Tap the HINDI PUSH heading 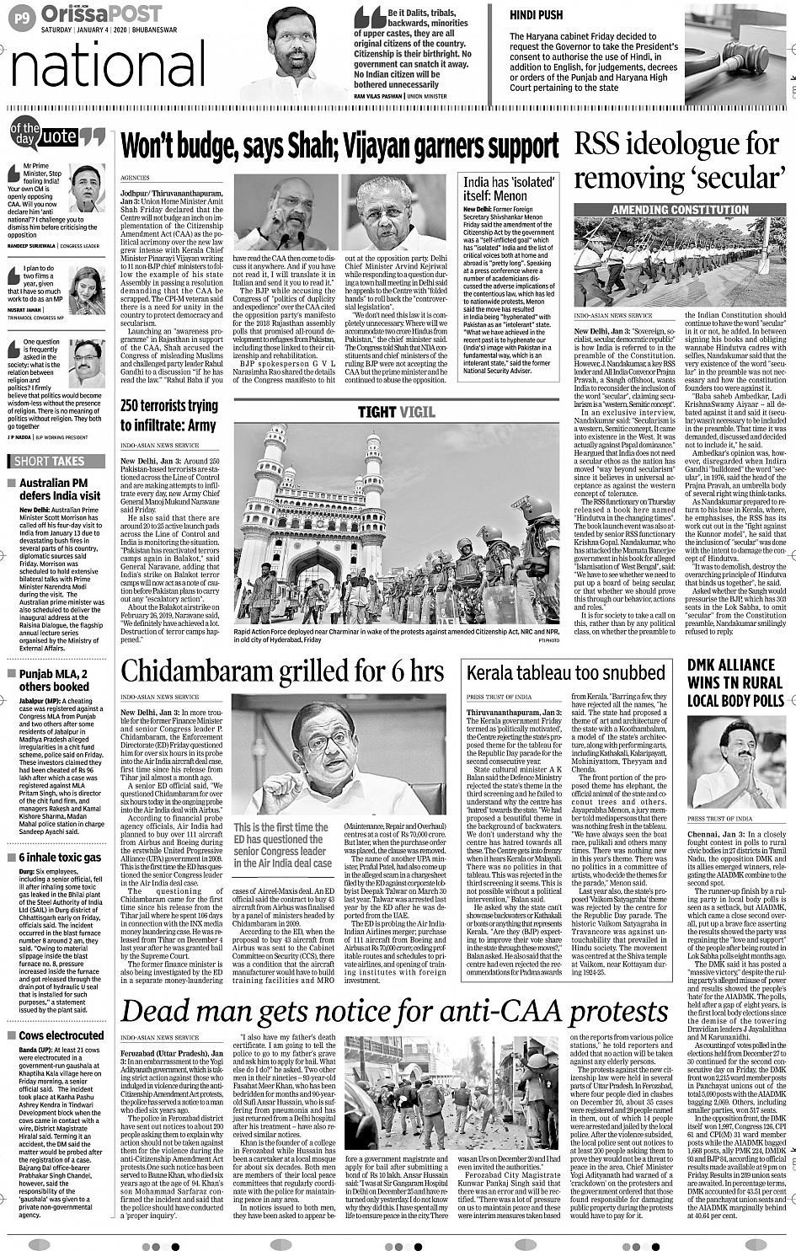[536, 15]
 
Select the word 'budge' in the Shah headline [205, 146]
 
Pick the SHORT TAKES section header [49, 461]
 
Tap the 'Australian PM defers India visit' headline [59, 489]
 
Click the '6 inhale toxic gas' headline [60, 857]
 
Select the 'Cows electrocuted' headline [61, 1035]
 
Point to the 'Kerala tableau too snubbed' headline [566, 672]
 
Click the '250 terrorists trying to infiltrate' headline [168, 415]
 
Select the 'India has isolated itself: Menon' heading [509, 189]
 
